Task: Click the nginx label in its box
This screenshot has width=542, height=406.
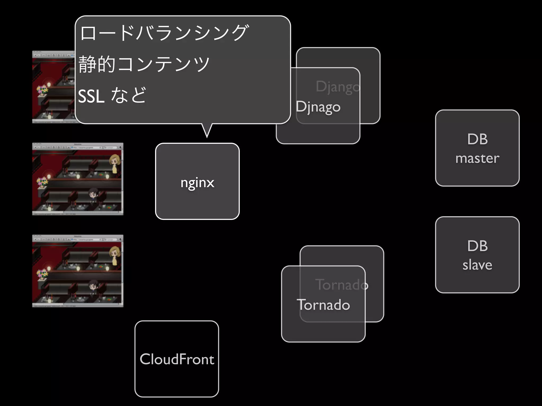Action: tap(197, 182)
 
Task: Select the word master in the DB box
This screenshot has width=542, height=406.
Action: tap(477, 158)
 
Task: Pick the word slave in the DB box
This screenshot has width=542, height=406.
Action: tap(477, 265)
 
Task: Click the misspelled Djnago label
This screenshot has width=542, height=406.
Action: tap(318, 107)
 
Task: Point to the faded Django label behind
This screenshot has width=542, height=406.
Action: tap(338, 87)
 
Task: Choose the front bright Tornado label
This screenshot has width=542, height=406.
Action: tap(323, 305)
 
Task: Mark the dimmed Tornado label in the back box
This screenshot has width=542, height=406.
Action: tap(341, 285)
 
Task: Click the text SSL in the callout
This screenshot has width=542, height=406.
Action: tap(91, 96)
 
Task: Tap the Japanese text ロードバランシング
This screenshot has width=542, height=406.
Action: tap(164, 33)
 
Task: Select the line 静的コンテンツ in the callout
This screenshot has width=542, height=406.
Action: tap(144, 64)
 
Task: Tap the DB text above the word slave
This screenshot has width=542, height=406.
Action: tap(477, 246)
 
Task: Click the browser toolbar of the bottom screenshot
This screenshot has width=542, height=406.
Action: tap(78, 239)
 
